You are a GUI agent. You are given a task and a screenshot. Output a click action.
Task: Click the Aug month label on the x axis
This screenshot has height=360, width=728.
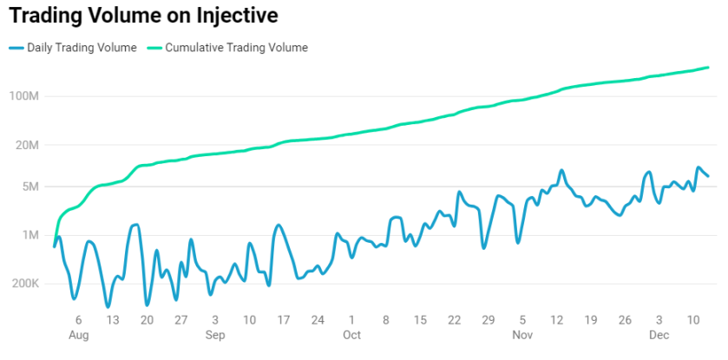coord(78,335)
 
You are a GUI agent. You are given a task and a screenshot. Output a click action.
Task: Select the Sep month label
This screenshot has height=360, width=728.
coord(215,335)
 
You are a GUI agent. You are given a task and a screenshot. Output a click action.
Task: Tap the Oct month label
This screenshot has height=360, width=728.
coord(351,335)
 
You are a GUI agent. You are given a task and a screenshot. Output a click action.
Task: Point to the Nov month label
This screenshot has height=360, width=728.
coord(522,335)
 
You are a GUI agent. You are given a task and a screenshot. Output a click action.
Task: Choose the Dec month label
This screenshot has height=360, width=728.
coord(659,335)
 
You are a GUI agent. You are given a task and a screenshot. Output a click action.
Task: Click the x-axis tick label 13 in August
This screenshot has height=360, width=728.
coord(112,320)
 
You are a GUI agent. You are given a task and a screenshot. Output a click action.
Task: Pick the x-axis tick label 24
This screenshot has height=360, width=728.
coord(318,320)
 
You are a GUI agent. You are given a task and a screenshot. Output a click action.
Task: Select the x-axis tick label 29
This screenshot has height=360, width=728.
coord(489,320)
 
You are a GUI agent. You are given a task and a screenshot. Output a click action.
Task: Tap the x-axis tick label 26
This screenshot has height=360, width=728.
coord(625,320)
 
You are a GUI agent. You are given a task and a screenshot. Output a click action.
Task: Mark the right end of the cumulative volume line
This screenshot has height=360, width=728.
coord(709,68)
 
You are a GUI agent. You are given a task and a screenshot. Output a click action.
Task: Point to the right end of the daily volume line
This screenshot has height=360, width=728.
coord(708,176)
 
